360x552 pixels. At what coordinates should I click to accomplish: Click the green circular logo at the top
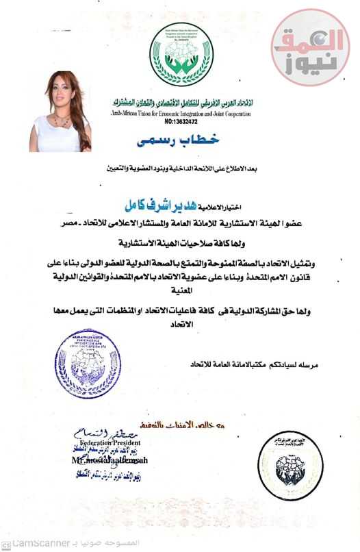tap(181, 53)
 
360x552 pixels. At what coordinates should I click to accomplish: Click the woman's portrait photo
tap(60, 110)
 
